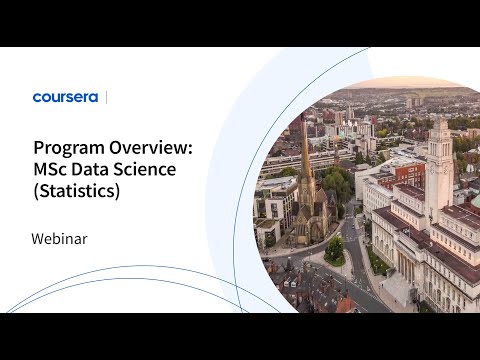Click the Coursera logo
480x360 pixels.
[x=66, y=97]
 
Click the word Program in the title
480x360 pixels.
[x=69, y=147]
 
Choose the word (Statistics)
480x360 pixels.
[x=76, y=191]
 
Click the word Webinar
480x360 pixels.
[x=61, y=239]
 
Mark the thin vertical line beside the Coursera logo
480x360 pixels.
[x=106, y=97]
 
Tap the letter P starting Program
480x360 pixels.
[x=38, y=147]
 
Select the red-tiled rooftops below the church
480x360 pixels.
[x=300, y=285]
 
